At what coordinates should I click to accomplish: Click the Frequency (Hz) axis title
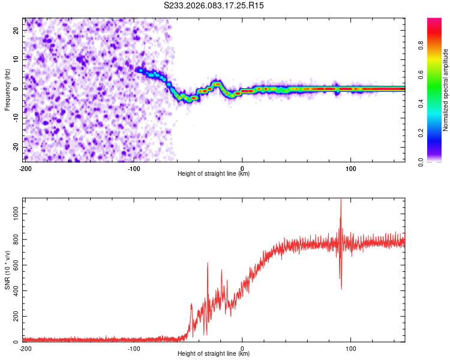click(7, 89)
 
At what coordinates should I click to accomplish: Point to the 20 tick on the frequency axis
click(17, 31)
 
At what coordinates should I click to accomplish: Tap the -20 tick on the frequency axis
click(16, 147)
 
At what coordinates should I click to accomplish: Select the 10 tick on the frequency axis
click(17, 59)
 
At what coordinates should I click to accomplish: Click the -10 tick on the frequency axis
click(16, 118)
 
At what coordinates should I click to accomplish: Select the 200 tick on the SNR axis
click(15, 316)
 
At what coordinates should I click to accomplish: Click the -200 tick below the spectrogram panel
click(25, 168)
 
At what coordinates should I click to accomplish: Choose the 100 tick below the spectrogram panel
click(352, 168)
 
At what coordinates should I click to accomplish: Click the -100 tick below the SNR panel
click(134, 349)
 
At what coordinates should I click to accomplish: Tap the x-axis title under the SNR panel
click(214, 354)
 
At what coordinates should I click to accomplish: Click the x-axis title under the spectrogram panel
click(214, 173)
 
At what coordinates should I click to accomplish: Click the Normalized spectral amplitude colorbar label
click(446, 90)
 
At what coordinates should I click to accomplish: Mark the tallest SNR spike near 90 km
click(341, 200)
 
